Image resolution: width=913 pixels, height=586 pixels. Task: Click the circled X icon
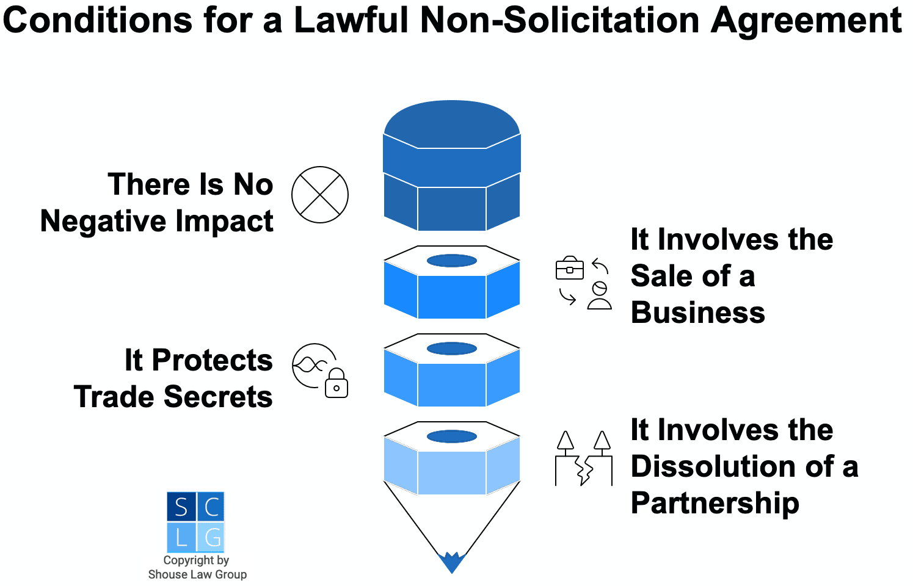click(319, 195)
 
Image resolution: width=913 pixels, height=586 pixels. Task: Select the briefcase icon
click(569, 268)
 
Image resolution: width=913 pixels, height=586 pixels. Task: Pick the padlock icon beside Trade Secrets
click(336, 384)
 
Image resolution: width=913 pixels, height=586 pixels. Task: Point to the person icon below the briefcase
click(599, 296)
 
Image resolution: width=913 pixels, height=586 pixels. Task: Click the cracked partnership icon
click(584, 459)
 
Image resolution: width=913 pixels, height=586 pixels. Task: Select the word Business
click(697, 313)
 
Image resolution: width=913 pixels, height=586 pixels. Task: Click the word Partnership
click(715, 504)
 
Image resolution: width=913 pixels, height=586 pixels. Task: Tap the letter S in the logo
click(181, 507)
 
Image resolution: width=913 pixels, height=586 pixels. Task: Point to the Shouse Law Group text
click(197, 574)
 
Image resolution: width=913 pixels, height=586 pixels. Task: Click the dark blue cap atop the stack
click(451, 165)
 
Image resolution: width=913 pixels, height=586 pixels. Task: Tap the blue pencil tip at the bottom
click(452, 562)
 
